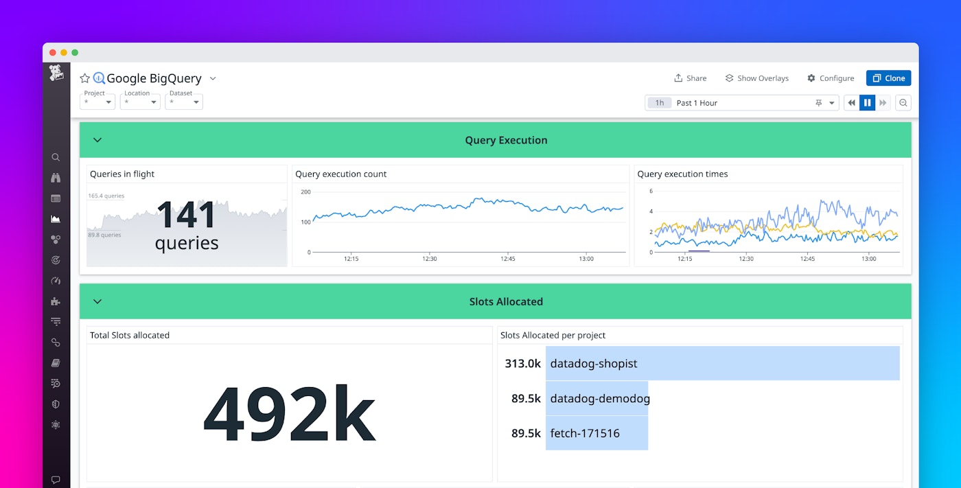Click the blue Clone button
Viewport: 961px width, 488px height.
(888, 78)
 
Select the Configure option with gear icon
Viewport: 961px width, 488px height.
(831, 78)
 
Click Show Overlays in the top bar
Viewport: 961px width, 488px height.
(757, 78)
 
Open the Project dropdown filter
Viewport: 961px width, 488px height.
(97, 102)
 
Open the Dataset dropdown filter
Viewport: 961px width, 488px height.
(184, 102)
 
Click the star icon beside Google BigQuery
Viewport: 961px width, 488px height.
(85, 78)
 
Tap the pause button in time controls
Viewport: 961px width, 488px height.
(867, 103)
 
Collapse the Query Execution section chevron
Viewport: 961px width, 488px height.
(97, 140)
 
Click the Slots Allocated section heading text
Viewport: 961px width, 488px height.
(506, 301)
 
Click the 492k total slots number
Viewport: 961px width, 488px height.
(289, 416)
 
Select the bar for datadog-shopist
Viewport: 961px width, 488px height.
(722, 364)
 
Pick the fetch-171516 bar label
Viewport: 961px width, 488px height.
(585, 433)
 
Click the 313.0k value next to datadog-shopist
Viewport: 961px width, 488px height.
(523, 364)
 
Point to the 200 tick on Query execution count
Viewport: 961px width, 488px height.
(305, 192)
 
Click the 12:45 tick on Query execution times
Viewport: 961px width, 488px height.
(807, 259)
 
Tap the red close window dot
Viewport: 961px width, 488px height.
(53, 53)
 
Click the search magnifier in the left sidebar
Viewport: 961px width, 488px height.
(56, 157)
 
